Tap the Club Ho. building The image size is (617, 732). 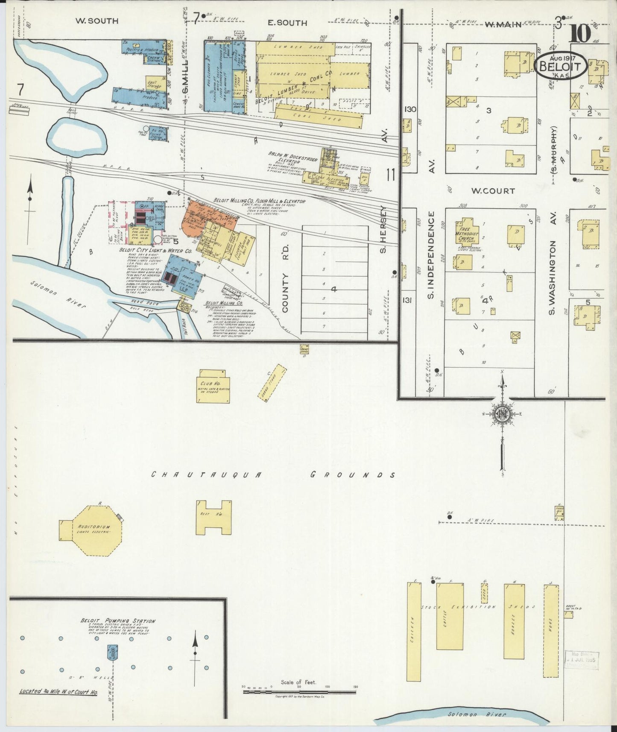coord(213,389)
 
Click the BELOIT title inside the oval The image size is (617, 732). coord(560,67)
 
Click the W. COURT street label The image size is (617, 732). coord(493,191)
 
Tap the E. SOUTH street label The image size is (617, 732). coord(287,23)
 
